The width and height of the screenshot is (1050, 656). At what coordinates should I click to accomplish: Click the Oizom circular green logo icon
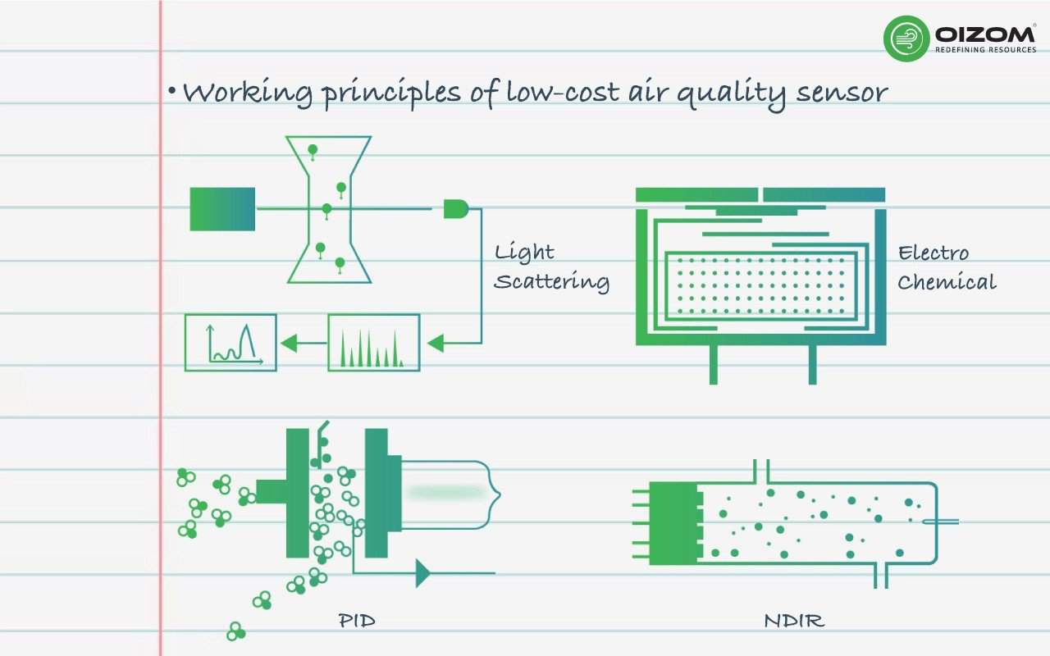[x=906, y=38]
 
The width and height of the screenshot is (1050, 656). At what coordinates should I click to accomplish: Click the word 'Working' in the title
[x=245, y=92]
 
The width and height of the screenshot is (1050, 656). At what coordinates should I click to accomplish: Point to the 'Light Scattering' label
[x=551, y=267]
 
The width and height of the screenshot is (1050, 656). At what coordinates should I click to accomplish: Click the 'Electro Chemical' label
[x=946, y=267]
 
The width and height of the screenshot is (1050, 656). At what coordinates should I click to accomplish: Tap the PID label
[x=357, y=620]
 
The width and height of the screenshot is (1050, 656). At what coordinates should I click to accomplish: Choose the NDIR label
[x=793, y=620]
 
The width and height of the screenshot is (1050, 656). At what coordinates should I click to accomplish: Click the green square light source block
[x=222, y=209]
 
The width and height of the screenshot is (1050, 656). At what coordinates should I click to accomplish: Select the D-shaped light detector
[x=455, y=209]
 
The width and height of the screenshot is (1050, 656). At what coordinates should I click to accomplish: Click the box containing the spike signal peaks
[x=374, y=342]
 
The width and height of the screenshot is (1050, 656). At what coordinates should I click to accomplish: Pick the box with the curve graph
[x=231, y=342]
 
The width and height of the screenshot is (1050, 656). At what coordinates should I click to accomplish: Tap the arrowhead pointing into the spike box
[x=436, y=342]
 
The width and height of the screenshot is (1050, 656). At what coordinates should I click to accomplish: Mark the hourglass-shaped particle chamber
[x=329, y=209]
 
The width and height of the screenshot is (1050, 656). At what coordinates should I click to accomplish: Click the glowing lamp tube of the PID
[x=447, y=492]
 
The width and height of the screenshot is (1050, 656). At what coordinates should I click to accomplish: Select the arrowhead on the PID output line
[x=423, y=572]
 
